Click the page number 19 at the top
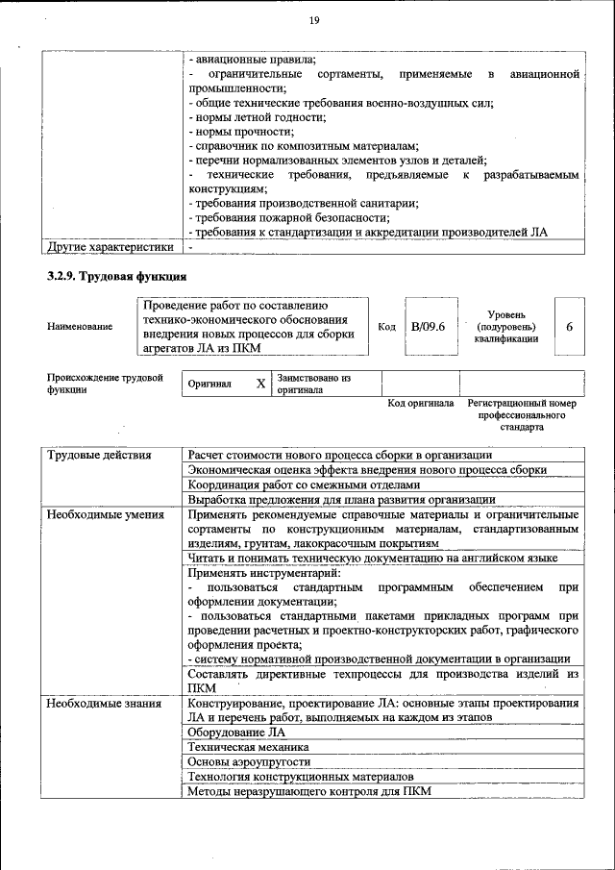313,21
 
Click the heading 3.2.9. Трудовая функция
116,277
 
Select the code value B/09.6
428,327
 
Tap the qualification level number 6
569,327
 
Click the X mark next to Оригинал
260,384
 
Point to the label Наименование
79,327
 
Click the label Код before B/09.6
386,327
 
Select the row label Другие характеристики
111,247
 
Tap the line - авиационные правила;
248,60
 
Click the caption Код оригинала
420,404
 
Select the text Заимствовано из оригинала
313,385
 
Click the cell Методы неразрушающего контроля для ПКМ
310,791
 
